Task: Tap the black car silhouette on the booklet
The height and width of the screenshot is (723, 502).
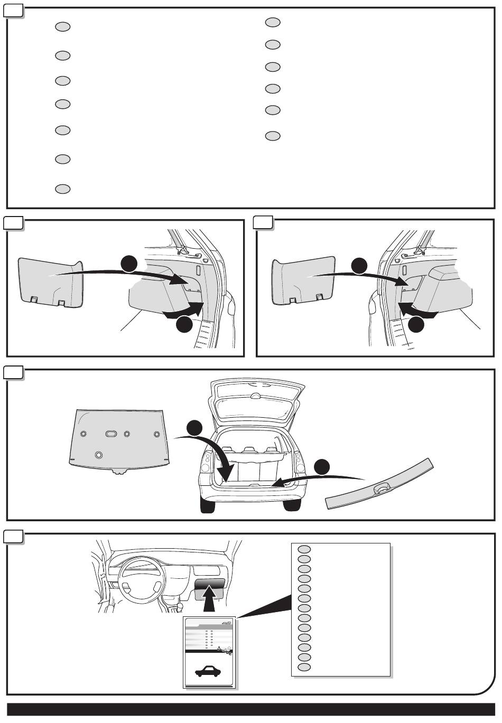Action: (x=210, y=671)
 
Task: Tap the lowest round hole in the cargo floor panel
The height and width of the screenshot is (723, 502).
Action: (x=98, y=454)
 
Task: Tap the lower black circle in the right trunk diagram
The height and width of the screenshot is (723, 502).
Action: (x=416, y=324)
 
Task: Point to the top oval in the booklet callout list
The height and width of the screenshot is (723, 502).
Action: (x=304, y=549)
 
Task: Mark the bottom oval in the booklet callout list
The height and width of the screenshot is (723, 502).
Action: (x=304, y=667)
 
